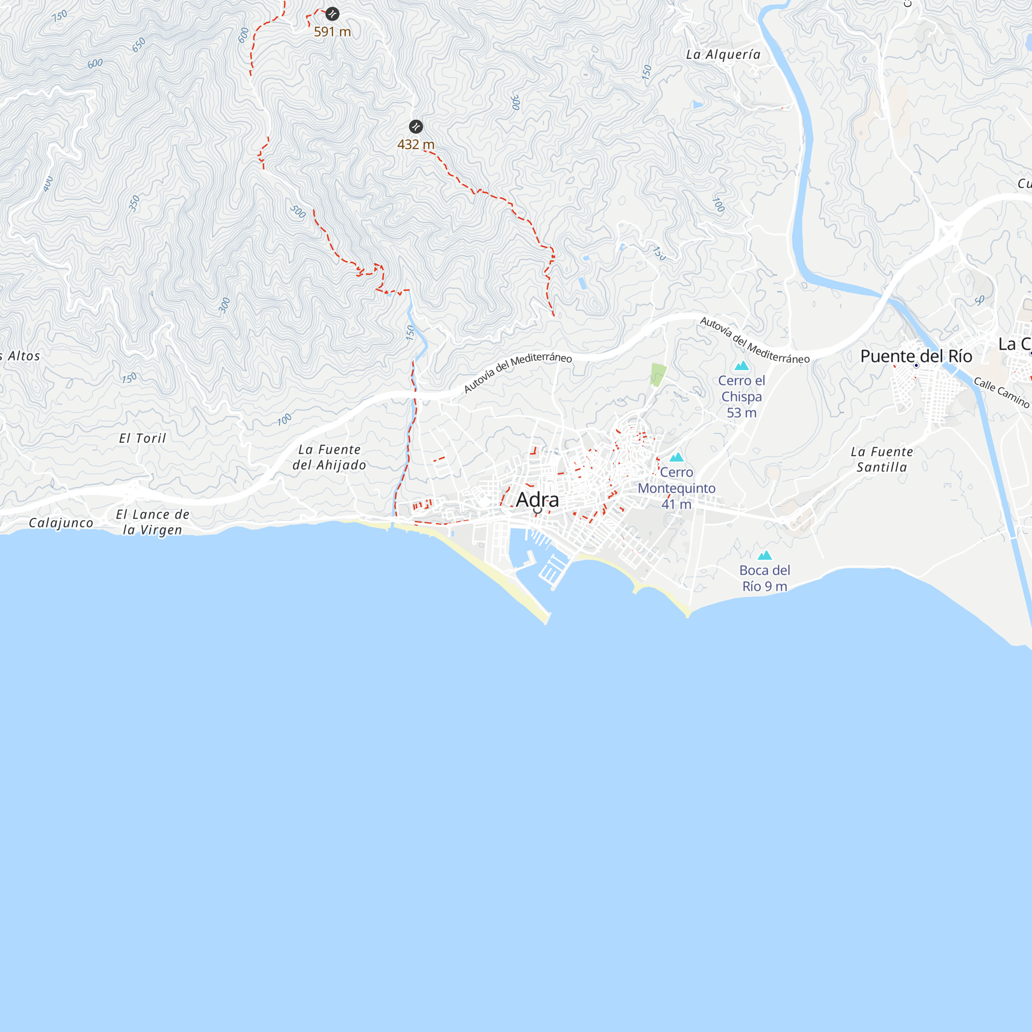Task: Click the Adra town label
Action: (x=537, y=500)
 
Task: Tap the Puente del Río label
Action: (x=916, y=356)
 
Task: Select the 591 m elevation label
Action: (x=332, y=32)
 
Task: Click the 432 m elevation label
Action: (x=415, y=145)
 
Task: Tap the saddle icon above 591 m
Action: (x=332, y=14)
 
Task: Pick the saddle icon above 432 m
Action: (x=416, y=126)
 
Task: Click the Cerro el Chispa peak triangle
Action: (x=741, y=366)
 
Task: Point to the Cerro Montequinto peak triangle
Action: (x=677, y=457)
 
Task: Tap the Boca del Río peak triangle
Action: (x=765, y=556)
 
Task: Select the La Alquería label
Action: (x=723, y=55)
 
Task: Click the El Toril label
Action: (x=142, y=439)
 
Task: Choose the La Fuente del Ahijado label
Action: (x=330, y=457)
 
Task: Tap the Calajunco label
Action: (x=61, y=523)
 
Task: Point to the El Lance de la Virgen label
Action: (x=153, y=522)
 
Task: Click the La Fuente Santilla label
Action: (x=882, y=459)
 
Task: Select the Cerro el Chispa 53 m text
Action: (x=741, y=397)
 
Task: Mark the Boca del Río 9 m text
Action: (x=765, y=578)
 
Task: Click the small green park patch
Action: (x=658, y=375)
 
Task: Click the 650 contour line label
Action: (x=139, y=45)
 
